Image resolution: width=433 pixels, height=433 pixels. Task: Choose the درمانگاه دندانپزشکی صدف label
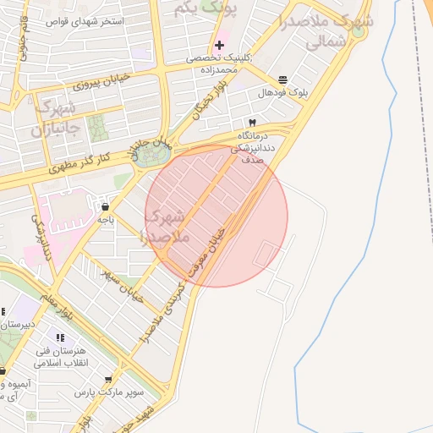pos(258,146)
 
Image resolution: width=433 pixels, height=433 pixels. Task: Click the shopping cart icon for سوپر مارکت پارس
pos(108,380)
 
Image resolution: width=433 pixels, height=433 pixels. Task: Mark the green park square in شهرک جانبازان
pos(97,128)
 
